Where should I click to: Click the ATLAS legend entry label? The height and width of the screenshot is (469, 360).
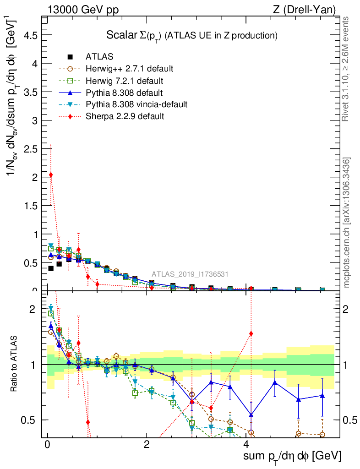[99, 57]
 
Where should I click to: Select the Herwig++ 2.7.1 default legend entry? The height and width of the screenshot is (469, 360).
[129, 69]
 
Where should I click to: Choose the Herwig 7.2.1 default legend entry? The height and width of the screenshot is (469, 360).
[124, 81]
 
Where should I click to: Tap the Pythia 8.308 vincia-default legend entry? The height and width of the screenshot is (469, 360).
[136, 104]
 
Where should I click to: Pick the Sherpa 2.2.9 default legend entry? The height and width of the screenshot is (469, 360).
[125, 116]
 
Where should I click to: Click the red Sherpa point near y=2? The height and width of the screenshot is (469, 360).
[51, 175]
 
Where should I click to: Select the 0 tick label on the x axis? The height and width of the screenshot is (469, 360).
[47, 444]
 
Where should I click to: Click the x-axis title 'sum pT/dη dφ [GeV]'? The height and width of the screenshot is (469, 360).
[293, 456]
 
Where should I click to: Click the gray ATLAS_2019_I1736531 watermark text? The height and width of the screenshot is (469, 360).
[190, 274]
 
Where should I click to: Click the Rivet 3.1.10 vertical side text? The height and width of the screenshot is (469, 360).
[346, 69]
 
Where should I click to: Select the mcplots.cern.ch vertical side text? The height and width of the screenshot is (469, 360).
[347, 223]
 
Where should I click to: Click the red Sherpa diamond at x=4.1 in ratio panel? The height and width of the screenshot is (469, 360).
[251, 333]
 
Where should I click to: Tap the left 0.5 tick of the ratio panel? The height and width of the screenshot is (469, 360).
[32, 420]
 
